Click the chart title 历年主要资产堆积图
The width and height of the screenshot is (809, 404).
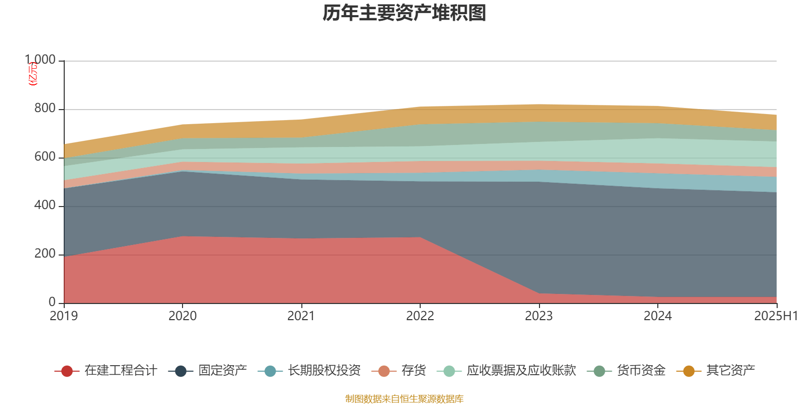coord(404,13)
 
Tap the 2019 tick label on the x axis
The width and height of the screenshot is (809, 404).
coord(64,316)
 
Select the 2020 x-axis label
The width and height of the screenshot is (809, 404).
coord(183,316)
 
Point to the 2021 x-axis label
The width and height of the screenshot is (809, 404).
coord(301,316)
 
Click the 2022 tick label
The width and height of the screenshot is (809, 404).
coord(420,316)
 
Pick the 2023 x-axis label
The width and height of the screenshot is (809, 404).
coord(539,316)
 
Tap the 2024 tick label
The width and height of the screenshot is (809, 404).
coord(657,316)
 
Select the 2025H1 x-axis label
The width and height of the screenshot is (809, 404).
coord(776,316)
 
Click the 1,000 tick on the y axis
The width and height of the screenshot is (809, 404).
coord(40,60)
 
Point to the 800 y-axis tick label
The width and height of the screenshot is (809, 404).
coord(45,109)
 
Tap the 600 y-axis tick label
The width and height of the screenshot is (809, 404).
coord(45,157)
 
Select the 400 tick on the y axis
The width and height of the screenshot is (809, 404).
coord(45,206)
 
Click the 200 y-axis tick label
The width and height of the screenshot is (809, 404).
coord(45,254)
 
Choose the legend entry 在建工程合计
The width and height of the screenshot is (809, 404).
coord(120,371)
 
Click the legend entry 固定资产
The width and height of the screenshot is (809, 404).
coord(222,371)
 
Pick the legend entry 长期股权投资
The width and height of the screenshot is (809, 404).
coord(324,371)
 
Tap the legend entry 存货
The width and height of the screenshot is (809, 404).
coord(413,371)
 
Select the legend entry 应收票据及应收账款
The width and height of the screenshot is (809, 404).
coord(521,371)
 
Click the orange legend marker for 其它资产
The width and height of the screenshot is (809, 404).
coord(689,371)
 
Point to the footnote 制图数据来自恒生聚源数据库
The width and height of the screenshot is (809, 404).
coord(404,399)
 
